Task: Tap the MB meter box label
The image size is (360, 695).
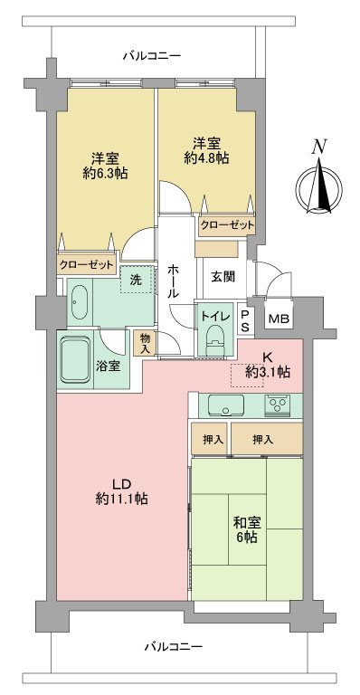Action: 279,319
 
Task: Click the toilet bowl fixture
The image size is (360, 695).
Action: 214,338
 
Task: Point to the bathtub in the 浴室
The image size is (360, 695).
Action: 80,359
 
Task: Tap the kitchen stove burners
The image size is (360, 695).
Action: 277,404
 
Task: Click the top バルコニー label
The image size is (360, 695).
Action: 151,56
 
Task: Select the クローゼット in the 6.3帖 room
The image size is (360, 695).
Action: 86,264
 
